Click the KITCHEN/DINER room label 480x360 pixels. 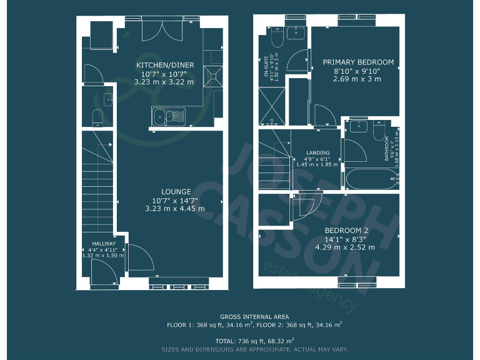click(x=165, y=65)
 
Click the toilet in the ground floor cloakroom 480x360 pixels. click(x=97, y=117)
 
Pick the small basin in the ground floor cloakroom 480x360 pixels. click(x=107, y=98)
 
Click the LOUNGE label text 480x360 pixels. click(x=176, y=191)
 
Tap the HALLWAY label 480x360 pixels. click(x=104, y=244)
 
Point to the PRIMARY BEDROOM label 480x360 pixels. click(x=358, y=62)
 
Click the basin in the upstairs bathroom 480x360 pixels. click(x=358, y=126)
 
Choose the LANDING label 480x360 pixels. click(x=317, y=152)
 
